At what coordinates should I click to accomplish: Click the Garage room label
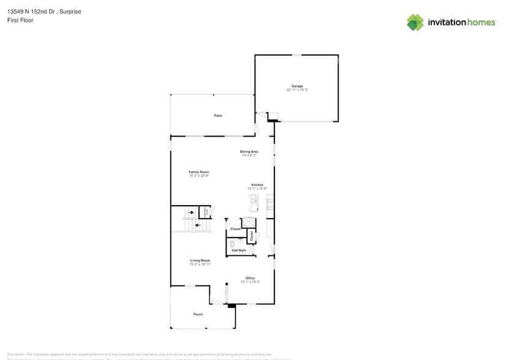297,86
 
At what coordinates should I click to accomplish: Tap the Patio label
217,115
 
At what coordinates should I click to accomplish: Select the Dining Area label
249,151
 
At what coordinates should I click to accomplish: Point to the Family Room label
199,172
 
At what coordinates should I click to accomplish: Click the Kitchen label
257,185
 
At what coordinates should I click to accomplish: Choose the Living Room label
200,260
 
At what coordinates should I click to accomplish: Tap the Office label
250,278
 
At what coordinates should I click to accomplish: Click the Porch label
198,314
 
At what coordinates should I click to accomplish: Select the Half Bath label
239,250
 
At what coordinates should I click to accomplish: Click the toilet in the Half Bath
233,242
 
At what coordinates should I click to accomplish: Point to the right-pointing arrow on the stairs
191,212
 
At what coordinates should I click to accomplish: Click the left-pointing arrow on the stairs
197,225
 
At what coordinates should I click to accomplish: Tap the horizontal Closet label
235,229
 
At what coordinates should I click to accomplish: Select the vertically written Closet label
251,234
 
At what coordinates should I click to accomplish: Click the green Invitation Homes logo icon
415,23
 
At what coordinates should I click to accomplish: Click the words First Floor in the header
20,20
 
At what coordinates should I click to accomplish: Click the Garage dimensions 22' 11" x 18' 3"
297,90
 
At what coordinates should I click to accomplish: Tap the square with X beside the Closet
249,222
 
